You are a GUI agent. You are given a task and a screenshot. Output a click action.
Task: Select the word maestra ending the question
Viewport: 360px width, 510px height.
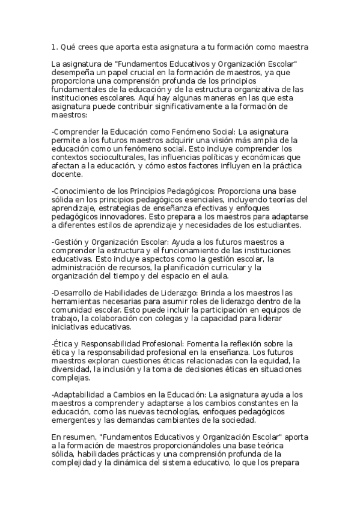tap(293, 46)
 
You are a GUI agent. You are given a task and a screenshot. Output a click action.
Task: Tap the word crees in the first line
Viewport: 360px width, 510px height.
tap(90, 46)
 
